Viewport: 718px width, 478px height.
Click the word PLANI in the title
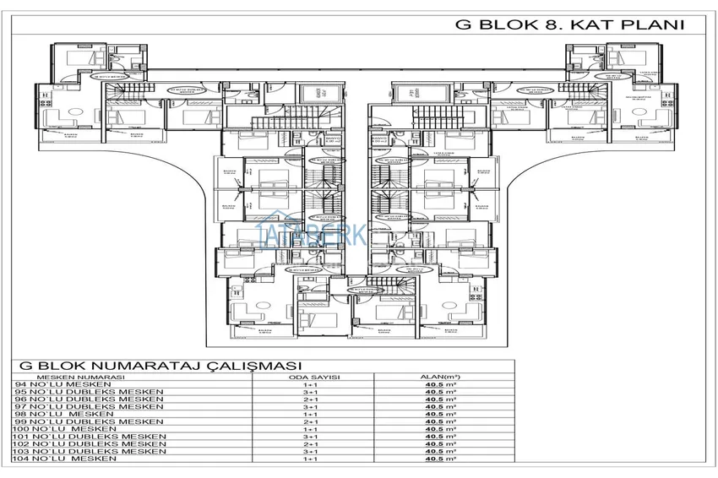[650, 24]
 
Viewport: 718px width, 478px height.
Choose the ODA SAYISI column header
[310, 377]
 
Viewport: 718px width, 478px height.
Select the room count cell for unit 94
[310, 384]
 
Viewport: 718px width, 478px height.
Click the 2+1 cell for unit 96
[310, 399]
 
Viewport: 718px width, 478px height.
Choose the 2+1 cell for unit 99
[310, 421]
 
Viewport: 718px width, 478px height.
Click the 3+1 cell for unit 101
[310, 437]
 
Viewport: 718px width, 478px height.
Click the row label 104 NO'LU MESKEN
[60, 459]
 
